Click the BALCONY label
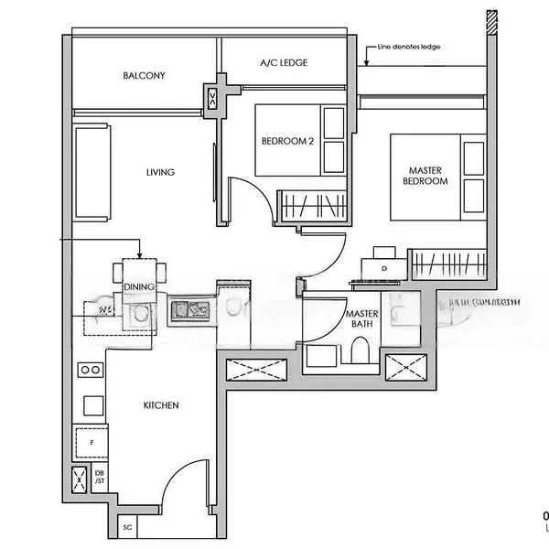click(144, 76)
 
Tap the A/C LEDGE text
click(284, 63)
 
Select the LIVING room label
click(160, 172)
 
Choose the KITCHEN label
click(160, 405)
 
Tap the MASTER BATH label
click(361, 319)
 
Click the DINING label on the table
click(139, 287)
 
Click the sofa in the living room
click(91, 172)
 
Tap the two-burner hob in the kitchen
click(90, 370)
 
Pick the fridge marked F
click(91, 443)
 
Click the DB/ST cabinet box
click(99, 479)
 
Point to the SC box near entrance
click(126, 527)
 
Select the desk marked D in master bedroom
click(383, 268)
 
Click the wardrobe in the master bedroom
click(447, 264)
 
